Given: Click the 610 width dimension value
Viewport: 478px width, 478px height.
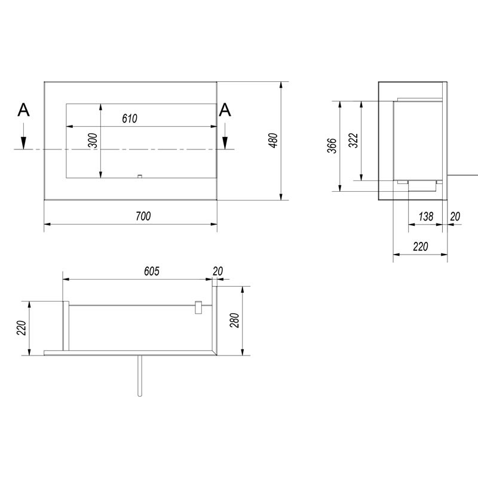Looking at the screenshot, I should (130, 118).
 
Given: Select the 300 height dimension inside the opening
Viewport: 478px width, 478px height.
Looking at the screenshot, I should (92, 141).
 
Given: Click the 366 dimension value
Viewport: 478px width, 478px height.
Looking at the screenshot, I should (333, 146).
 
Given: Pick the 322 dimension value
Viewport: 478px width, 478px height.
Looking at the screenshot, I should (353, 142).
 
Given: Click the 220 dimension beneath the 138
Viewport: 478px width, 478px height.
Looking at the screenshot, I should (420, 246).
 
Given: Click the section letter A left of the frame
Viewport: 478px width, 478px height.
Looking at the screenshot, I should (23, 109).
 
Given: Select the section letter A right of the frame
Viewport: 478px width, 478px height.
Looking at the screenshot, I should (225, 109).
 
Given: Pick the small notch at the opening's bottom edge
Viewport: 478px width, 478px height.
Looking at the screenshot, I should (139, 176).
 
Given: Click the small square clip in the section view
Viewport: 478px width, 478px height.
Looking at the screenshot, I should (199, 307).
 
